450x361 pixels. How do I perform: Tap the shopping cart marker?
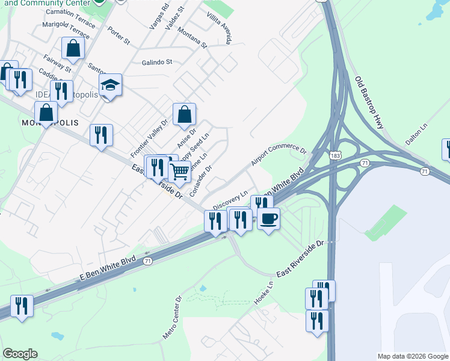click(x=179, y=172)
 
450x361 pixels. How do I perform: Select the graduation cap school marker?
click(x=111, y=85)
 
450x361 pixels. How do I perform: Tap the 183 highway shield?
click(x=335, y=155)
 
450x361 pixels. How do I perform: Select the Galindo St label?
click(x=157, y=62)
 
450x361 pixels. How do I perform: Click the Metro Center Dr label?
click(x=171, y=316)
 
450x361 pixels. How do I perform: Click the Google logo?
click(x=20, y=354)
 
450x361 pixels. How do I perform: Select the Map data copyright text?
click(x=412, y=356)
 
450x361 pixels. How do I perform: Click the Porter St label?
click(x=119, y=36)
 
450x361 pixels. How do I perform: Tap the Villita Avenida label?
click(x=218, y=28)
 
